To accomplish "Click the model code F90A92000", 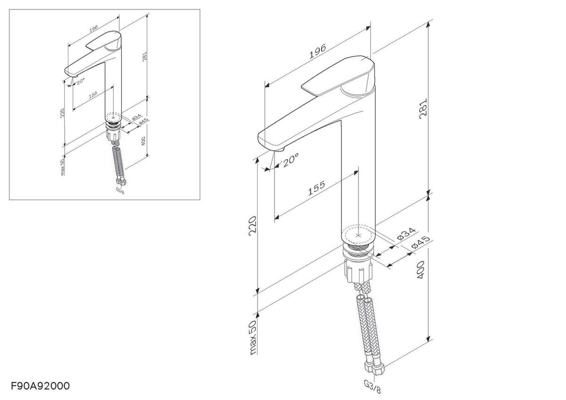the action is tap(40, 386).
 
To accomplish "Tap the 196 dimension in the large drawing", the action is tap(317, 51).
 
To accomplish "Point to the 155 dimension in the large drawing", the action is tap(316, 188).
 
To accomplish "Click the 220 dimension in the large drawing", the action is tap(253, 226).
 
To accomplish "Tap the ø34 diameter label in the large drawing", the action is tap(406, 234).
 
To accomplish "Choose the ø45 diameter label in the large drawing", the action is tap(421, 242).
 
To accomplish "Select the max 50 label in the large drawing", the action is tap(253, 338).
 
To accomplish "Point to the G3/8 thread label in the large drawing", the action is tap(372, 387).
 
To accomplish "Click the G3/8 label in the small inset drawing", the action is tap(120, 190).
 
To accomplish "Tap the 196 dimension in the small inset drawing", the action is tap(93, 29).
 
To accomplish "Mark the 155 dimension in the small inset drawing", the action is tap(93, 94).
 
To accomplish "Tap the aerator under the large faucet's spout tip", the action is tap(280, 150).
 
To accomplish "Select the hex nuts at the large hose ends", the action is tap(375, 369).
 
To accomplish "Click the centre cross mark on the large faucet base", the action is tap(358, 235).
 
